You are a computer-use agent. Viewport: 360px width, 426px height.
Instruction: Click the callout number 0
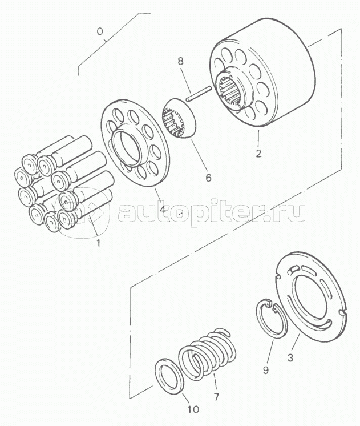click(x=100, y=32)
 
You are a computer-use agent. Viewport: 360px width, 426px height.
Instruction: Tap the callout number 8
click(x=180, y=61)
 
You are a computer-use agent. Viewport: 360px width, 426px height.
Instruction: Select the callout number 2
click(x=258, y=154)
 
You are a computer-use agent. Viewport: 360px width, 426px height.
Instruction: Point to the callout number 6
click(x=208, y=178)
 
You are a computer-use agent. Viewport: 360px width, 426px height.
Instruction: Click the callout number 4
click(x=163, y=209)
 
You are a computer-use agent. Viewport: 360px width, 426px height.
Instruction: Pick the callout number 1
click(x=99, y=243)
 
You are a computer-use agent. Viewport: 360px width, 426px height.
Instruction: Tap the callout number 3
click(x=290, y=357)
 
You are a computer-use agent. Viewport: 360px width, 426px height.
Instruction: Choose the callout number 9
click(x=266, y=369)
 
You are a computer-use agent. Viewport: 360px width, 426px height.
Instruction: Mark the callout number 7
click(x=216, y=397)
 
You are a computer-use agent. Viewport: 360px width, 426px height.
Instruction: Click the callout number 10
click(x=193, y=409)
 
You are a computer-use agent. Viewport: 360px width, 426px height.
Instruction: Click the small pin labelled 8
click(x=199, y=94)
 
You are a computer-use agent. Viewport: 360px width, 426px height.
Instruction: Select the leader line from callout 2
click(x=258, y=139)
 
